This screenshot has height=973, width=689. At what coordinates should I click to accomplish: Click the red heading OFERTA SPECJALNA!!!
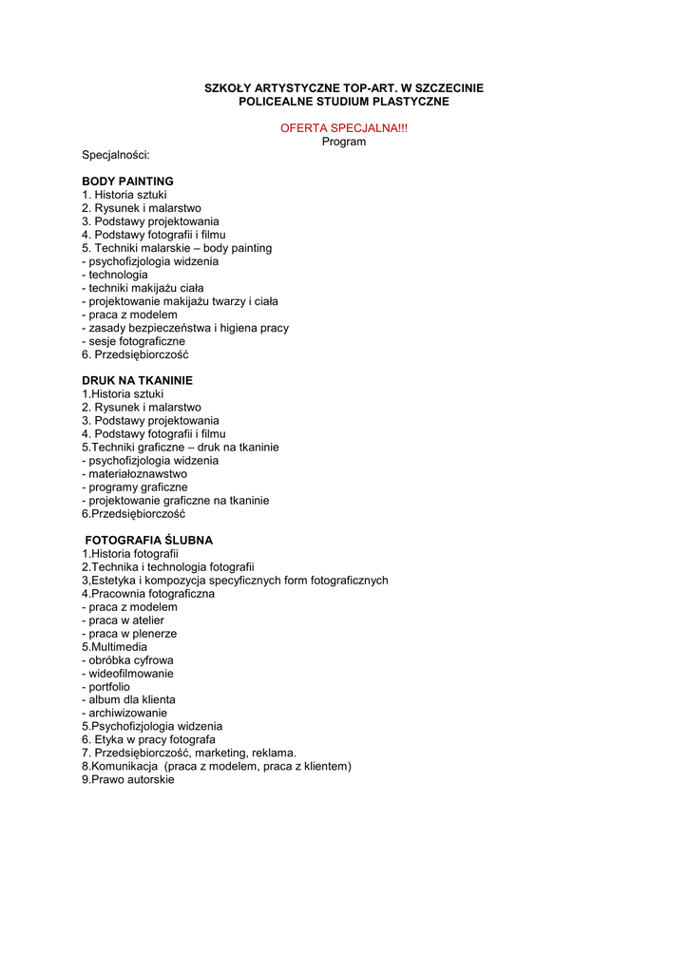344,128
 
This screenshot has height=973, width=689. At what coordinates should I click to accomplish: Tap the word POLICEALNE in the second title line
271,101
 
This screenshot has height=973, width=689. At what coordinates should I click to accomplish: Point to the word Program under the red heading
344,142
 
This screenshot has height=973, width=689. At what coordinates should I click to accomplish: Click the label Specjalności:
116,155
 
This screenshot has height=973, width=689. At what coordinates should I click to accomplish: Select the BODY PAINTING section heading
127,181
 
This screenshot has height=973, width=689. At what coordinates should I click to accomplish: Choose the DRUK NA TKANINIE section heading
137,380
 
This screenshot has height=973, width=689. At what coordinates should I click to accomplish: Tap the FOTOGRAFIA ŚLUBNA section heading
148,540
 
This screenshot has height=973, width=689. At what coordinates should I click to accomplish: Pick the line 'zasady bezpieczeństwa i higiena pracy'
185,328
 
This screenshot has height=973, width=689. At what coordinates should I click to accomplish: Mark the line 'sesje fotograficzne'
134,341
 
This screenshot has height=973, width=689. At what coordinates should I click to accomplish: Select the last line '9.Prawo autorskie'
128,779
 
